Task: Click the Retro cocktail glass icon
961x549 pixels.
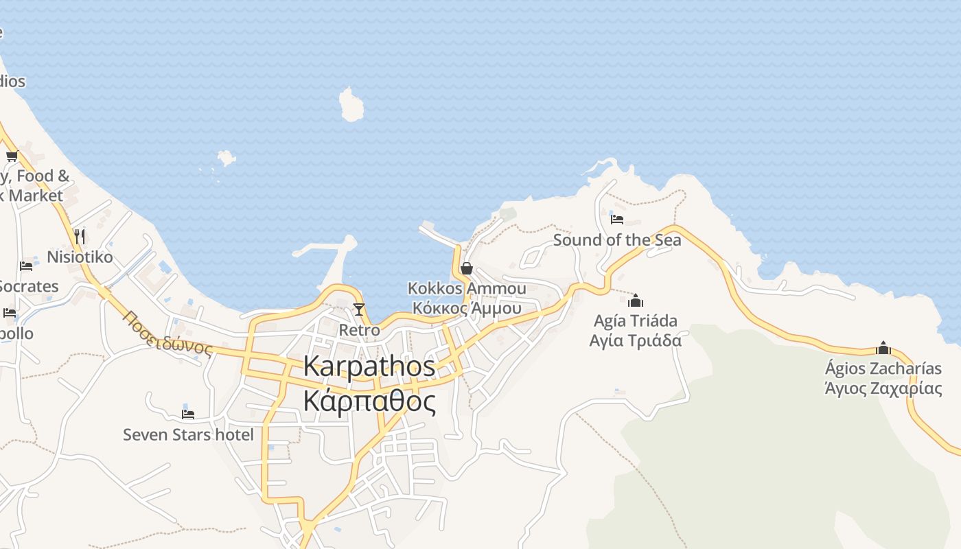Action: point(358,309)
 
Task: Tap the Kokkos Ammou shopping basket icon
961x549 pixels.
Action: point(467,268)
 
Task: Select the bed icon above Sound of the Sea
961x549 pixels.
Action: point(617,219)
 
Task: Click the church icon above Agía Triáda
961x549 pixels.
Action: point(636,301)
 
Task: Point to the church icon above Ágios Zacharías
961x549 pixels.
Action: point(883,348)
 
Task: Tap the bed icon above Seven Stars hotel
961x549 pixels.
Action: point(188,414)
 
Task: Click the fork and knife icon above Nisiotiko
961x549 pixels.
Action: point(80,237)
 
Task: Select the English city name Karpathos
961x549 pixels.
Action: point(369,366)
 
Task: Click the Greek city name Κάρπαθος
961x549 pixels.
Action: point(369,401)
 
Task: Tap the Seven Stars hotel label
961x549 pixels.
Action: point(188,434)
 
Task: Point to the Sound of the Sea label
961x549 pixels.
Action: point(617,240)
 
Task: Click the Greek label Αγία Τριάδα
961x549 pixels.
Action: point(636,340)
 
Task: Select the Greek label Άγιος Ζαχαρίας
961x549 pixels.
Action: point(883,388)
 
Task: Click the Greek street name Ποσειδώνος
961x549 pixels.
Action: point(168,333)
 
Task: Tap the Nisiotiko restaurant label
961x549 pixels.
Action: point(80,257)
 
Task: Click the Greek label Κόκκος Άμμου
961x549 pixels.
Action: point(467,308)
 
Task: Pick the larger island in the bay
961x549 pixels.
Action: point(351,105)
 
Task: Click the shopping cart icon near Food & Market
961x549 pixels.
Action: point(12,156)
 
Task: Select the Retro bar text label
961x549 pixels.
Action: point(359,330)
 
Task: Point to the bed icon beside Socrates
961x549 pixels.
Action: point(26,266)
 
